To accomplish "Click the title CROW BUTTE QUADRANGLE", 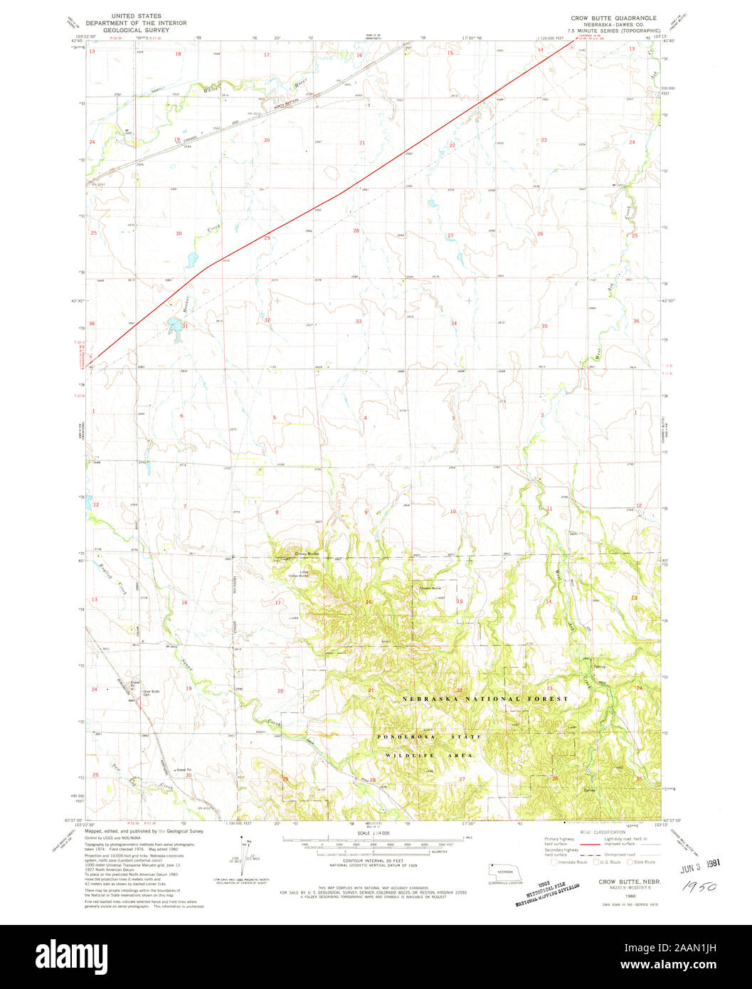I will (x=614, y=17).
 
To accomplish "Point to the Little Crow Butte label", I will (x=298, y=575).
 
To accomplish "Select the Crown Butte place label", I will (x=430, y=588).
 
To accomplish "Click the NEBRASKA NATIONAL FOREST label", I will (x=484, y=699).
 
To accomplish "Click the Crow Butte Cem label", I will (x=151, y=693).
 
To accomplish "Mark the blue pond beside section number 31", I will (x=173, y=327).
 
